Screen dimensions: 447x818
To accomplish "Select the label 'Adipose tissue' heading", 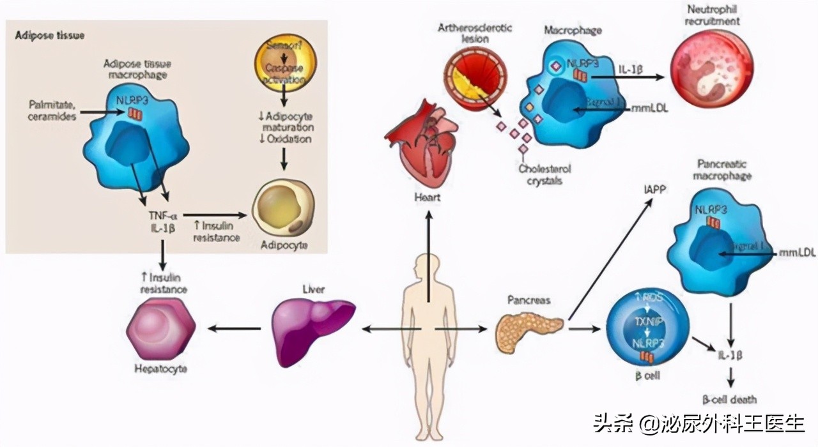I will click(49, 36).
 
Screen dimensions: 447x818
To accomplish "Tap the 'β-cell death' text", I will click(729, 400).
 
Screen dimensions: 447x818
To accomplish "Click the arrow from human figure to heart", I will click(429, 255).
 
